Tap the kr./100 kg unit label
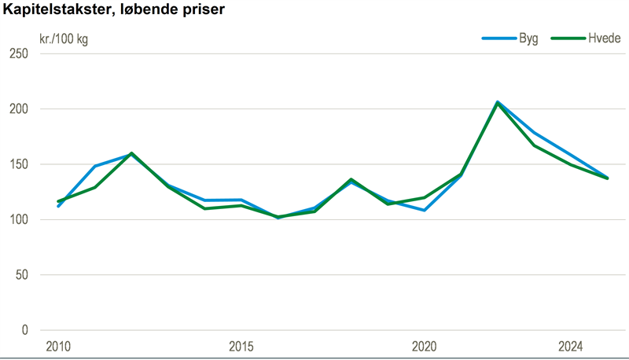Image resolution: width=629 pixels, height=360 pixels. pos(64,39)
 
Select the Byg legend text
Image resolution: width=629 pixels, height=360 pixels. pos(528,39)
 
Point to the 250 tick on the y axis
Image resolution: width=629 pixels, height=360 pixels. pos(18,53)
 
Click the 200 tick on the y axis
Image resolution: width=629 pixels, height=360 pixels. pos(18,109)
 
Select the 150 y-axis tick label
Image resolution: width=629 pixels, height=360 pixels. pos(18,164)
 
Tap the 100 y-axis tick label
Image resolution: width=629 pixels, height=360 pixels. pos(18,220)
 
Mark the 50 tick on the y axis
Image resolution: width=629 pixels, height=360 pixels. pos(21,275)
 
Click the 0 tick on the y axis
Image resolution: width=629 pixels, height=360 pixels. pos(24,330)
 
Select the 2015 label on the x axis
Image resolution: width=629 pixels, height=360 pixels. pos(241,347)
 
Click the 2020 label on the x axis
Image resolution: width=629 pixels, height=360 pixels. pos(424,347)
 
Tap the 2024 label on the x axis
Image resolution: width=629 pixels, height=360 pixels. pos(570,347)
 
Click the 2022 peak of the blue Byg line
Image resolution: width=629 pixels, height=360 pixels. pos(497,102)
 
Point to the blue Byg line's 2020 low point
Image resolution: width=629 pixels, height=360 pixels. pos(424,210)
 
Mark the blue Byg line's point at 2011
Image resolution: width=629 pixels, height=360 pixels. pos(94,167)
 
